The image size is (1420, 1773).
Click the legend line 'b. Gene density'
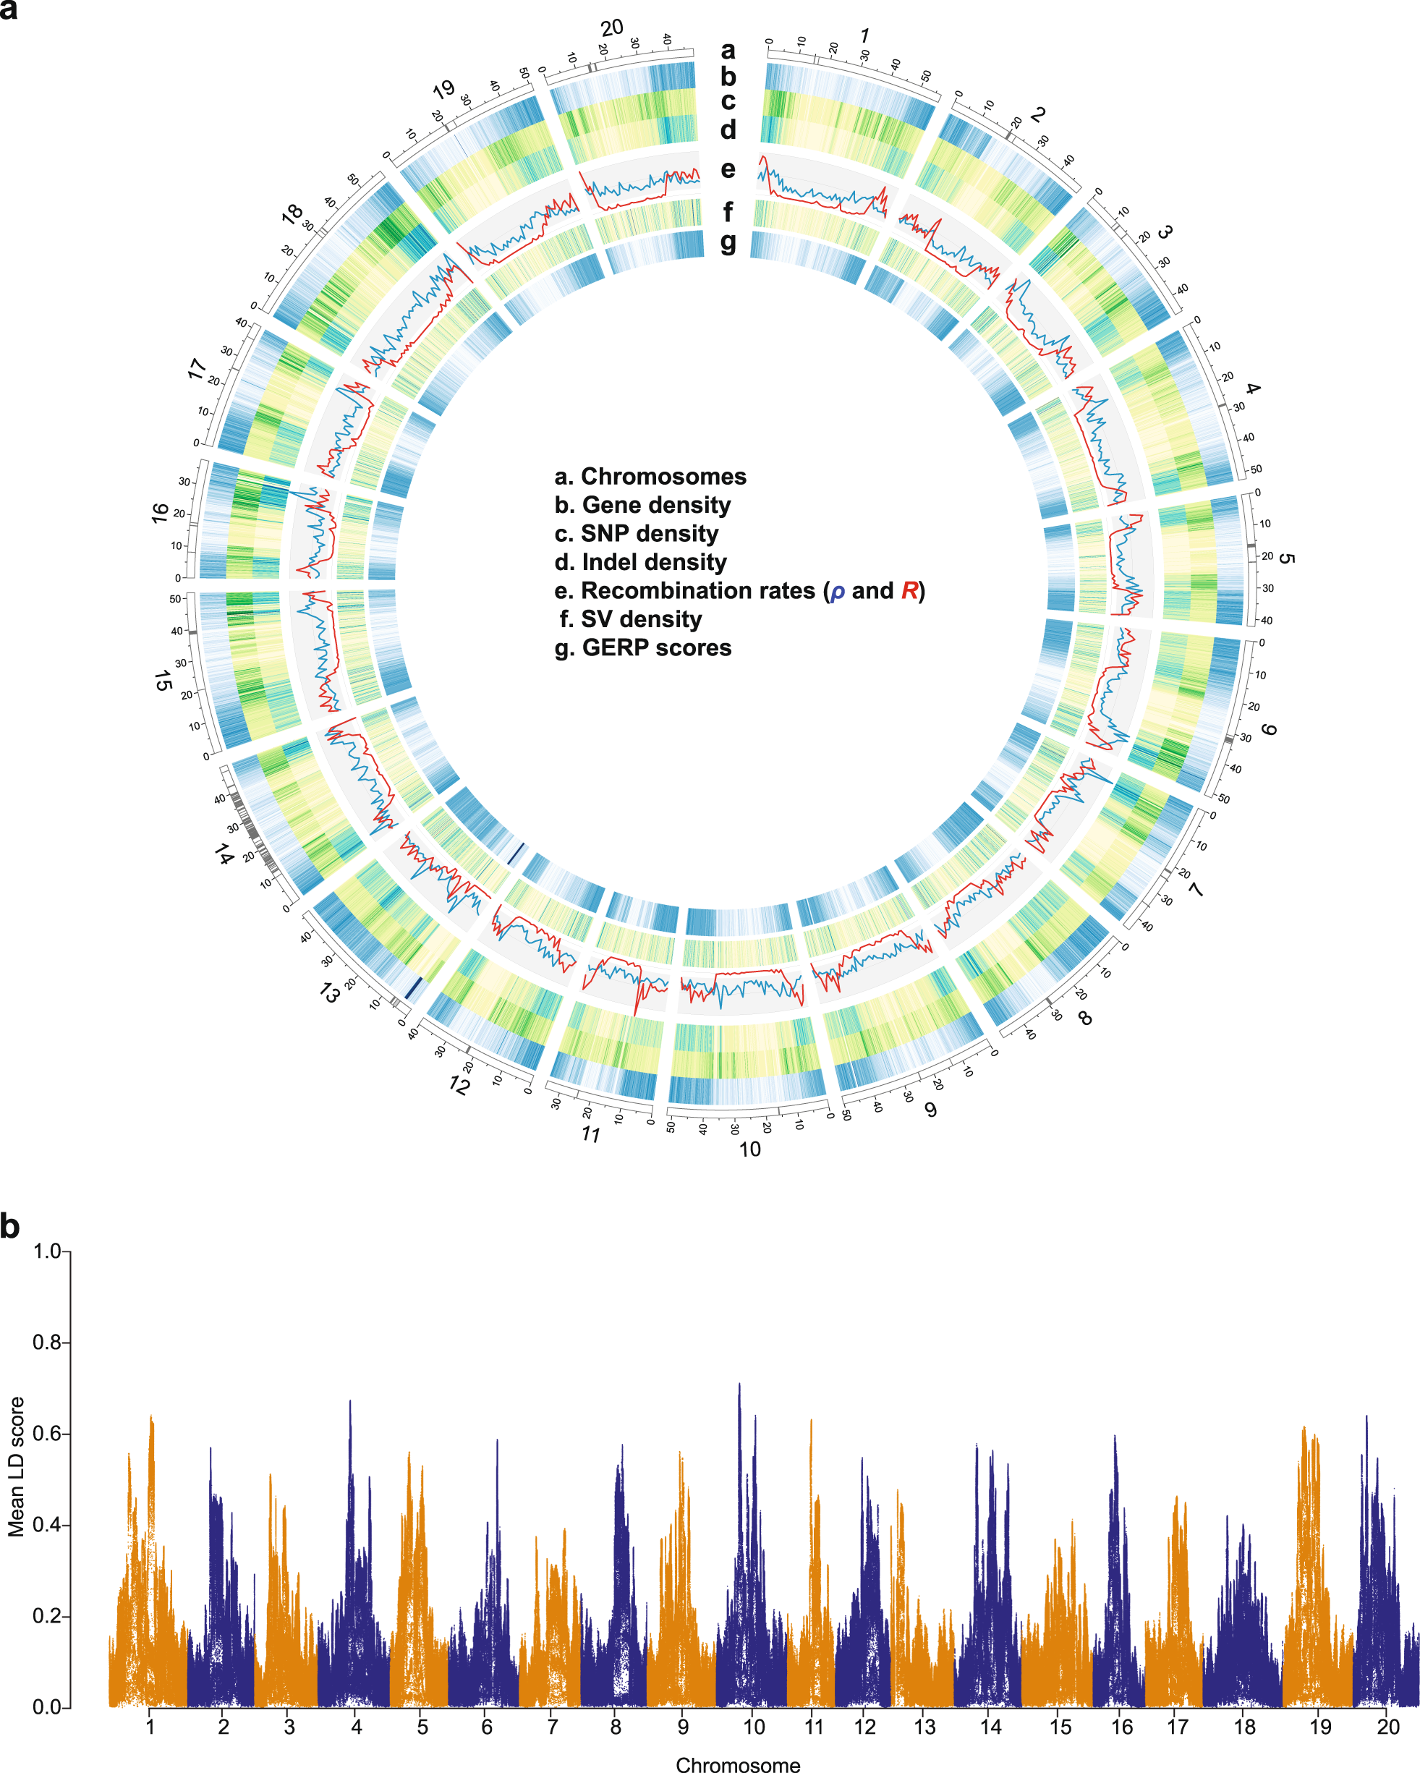[642, 505]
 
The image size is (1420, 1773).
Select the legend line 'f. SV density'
[631, 618]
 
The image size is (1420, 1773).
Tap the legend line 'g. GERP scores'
[642, 647]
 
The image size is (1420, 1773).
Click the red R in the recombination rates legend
[909, 590]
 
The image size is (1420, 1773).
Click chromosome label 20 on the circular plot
[611, 29]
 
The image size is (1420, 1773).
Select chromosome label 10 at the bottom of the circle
[749, 1149]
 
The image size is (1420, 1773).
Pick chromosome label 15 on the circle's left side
[163, 680]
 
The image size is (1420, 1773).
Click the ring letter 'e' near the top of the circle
[728, 169]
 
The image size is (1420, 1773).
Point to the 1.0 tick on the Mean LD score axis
[47, 1251]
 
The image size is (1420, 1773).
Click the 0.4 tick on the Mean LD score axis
[47, 1526]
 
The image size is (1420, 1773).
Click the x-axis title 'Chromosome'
[738, 1764]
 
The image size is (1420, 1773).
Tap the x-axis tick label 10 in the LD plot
[753, 1727]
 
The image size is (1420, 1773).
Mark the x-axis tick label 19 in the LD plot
[1319, 1727]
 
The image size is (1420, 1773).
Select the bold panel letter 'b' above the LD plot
[10, 1226]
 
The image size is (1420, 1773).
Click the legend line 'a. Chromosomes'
[650, 476]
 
